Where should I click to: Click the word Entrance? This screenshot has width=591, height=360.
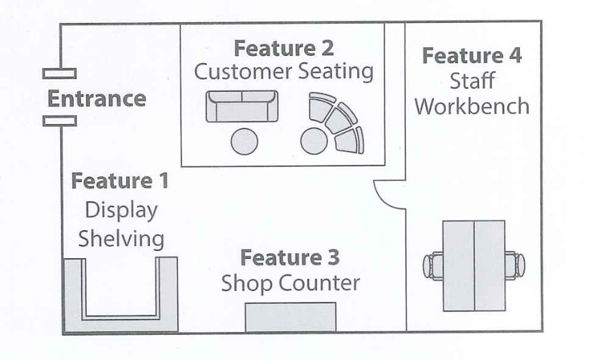pos(96,98)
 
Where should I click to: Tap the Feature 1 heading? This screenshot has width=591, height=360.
pos(120,181)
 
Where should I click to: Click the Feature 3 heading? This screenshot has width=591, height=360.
pos(290,257)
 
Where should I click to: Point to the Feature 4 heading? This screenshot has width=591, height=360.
pos(472,55)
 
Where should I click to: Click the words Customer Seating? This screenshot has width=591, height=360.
pos(284,72)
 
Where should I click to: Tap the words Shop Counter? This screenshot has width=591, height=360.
pos(290,283)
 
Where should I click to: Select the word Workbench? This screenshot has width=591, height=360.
pos(472,106)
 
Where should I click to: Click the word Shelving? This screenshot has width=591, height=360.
pos(120,238)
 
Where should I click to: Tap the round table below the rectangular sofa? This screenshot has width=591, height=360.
pos(244,141)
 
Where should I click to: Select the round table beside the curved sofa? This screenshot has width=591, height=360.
pos(313,141)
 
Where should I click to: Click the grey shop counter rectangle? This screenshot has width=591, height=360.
pos(290,317)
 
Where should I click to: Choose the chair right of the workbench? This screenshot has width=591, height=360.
pos(514,265)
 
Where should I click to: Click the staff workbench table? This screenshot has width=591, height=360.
pos(473,265)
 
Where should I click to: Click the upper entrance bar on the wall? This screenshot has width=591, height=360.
pos(59,73)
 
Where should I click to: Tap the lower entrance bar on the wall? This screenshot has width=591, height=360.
pos(59,121)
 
